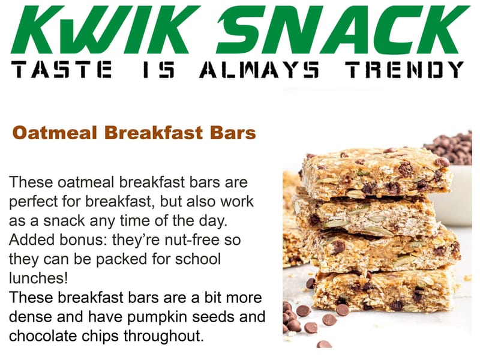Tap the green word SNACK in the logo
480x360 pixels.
pyautogui.click(x=343, y=30)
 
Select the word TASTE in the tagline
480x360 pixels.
pyautogui.click(x=61, y=70)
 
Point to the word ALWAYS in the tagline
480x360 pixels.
pyautogui.click(x=259, y=70)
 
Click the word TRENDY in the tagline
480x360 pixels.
pyautogui.click(x=404, y=70)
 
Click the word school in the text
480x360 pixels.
pyautogui.click(x=198, y=259)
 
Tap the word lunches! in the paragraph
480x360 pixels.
pyautogui.click(x=38, y=278)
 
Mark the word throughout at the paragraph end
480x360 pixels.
pyautogui.click(x=164, y=337)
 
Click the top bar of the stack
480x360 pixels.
pyautogui.click(x=377, y=173)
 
